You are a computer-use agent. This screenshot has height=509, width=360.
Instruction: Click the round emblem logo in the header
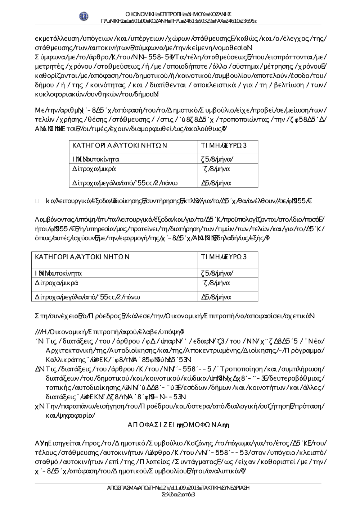coord(84,16)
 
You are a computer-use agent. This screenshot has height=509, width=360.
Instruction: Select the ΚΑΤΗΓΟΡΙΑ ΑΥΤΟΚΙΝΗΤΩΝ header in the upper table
coord(120,145)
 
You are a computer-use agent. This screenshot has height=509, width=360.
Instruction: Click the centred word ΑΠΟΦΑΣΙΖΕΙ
coord(151,425)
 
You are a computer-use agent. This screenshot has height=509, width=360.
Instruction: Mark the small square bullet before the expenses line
coord(37,201)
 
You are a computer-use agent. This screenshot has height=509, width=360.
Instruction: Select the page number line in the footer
coord(179,495)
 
